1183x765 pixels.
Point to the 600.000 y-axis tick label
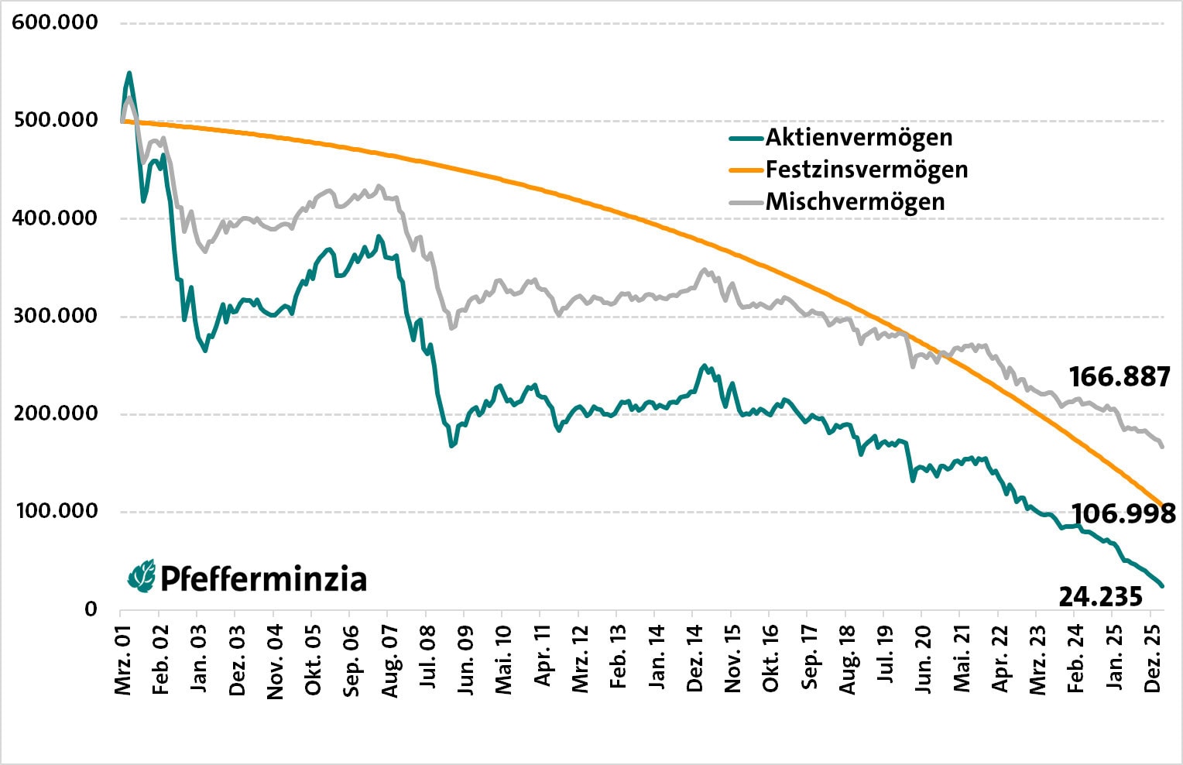[55, 22]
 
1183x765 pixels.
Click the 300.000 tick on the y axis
[55, 316]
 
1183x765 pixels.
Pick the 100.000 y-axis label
[55, 511]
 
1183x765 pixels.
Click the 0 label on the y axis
[91, 609]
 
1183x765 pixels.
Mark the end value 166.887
[1119, 377]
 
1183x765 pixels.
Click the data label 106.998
[1123, 513]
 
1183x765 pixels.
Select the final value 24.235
[1100, 597]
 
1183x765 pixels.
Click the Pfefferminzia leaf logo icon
[142, 577]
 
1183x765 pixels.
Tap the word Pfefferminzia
[263, 579]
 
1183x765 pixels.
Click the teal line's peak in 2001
[129, 73]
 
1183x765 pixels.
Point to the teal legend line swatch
[746, 139]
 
